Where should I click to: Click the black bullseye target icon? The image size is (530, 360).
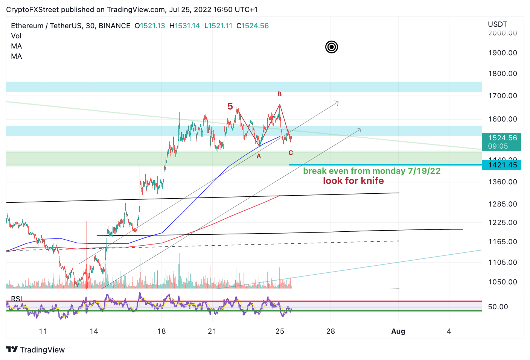(x=331, y=47)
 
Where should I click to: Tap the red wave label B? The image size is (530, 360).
(x=279, y=94)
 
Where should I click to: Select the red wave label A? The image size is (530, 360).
(x=259, y=156)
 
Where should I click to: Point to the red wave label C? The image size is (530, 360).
(x=291, y=153)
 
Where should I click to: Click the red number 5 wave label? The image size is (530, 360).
(x=230, y=106)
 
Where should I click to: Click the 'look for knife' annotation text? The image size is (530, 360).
(x=353, y=181)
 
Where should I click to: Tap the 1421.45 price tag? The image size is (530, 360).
(x=502, y=165)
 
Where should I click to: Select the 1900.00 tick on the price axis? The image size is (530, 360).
(x=502, y=53)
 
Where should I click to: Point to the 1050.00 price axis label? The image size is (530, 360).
(x=502, y=282)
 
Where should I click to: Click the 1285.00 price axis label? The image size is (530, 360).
(x=502, y=204)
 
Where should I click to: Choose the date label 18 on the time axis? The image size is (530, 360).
(x=161, y=331)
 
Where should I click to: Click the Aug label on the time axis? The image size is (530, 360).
(x=398, y=331)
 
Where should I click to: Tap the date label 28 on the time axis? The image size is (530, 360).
(x=330, y=331)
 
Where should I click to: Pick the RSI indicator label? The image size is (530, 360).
(x=16, y=299)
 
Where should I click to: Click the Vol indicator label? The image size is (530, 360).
(x=16, y=36)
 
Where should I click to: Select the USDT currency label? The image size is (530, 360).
(x=497, y=24)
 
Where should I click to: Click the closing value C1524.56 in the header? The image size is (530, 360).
(x=253, y=26)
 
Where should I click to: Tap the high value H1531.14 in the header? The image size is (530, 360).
(x=184, y=26)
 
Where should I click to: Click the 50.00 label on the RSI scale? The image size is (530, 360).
(x=498, y=307)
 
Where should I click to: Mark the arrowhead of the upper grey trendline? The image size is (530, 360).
(x=337, y=102)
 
